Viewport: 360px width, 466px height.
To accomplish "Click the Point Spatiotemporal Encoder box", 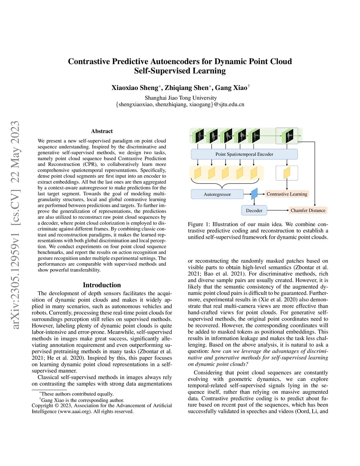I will coord(244,154).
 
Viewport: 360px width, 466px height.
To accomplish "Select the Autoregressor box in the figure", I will coord(217,194).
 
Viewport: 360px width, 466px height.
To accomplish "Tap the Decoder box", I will coord(254,210).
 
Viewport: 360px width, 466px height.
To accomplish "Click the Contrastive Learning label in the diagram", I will coord(287,194).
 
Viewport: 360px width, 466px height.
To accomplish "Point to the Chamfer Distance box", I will coord(308,210).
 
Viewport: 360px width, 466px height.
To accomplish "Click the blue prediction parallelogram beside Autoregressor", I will coord(255,193).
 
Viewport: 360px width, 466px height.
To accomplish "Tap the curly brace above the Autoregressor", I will coord(225,182).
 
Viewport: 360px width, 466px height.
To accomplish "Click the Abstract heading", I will coord(102,131).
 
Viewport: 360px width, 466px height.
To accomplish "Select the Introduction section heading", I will coord(102,285).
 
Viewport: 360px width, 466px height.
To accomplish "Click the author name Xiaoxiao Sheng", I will coord(135,88).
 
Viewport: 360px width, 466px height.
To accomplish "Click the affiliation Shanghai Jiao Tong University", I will coord(181,98).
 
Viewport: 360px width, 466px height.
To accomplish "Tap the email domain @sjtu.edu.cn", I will coord(229,104).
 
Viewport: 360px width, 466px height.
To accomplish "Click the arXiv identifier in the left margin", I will coord(15,225).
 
